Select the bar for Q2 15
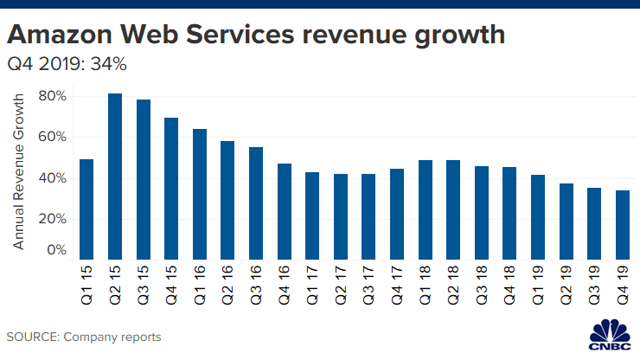tap(115, 176)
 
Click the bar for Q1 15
tap(86, 209)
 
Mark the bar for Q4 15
tap(171, 188)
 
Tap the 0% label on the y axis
tap(55, 250)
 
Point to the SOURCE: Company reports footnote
tap(84, 336)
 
